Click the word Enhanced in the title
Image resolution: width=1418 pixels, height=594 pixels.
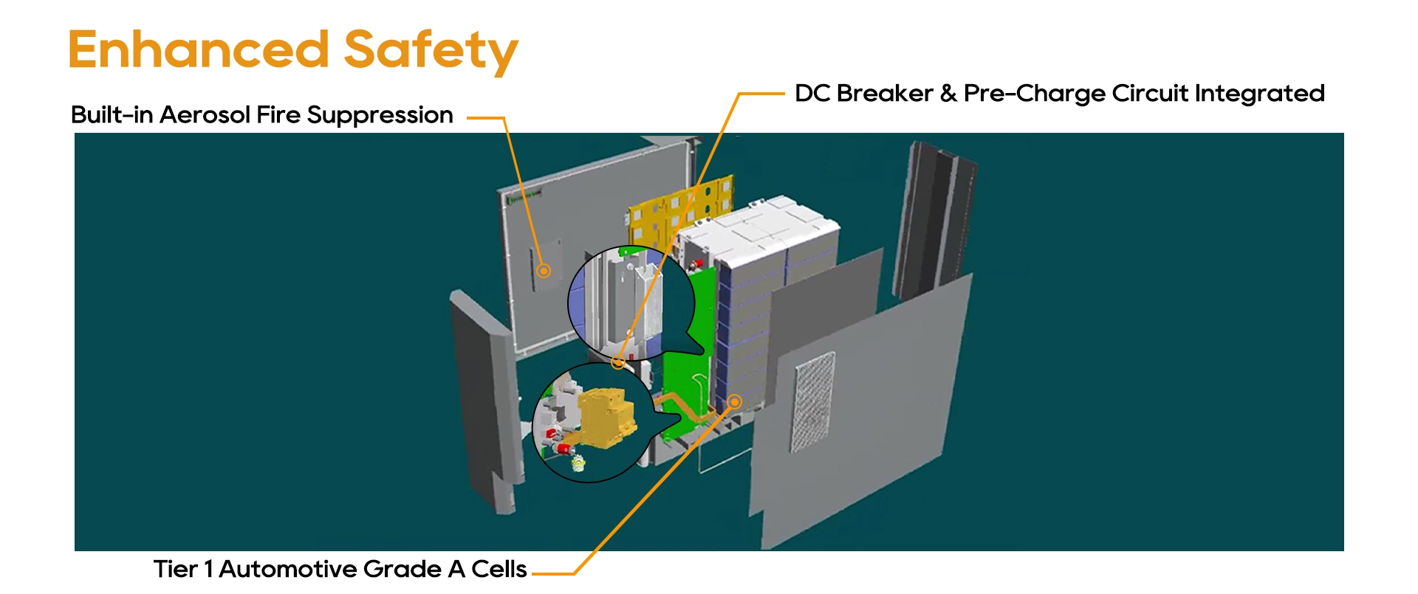199,49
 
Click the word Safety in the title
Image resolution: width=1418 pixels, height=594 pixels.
431,52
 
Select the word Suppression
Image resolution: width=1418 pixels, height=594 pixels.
380,116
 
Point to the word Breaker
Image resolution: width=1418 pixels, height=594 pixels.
885,94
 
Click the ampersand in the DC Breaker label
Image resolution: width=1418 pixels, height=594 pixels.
948,94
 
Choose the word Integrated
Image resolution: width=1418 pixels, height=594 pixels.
1259,94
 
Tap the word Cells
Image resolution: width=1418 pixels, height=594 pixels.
499,569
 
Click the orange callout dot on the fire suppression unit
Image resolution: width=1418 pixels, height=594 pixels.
544,271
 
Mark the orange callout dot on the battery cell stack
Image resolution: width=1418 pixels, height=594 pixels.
734,401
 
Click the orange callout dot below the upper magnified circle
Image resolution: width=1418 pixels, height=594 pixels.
618,362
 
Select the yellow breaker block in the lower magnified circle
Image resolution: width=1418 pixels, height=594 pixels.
606,418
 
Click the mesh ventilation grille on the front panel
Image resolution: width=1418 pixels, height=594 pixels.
815,401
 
